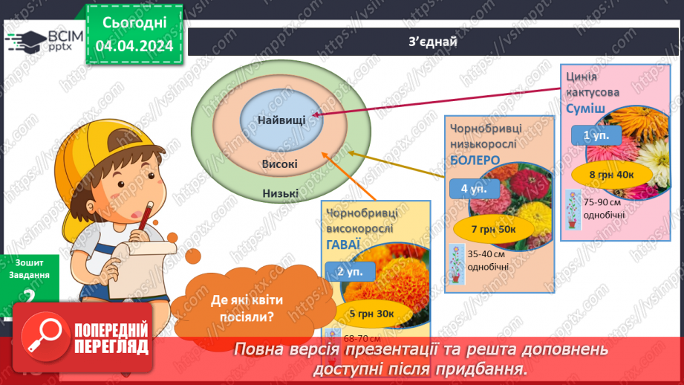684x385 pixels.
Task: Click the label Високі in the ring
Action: pyautogui.click(x=280, y=164)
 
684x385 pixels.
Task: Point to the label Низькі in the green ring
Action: pyautogui.click(x=280, y=194)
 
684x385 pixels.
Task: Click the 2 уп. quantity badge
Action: pyautogui.click(x=349, y=272)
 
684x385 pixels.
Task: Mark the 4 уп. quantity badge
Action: pyautogui.click(x=473, y=189)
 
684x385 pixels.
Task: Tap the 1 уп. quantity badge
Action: pyautogui.click(x=590, y=136)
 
